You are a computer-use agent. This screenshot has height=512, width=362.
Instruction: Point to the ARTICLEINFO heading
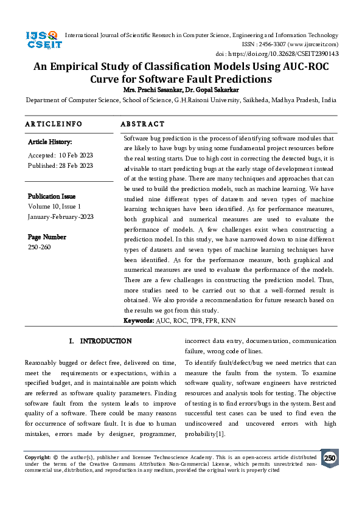54,124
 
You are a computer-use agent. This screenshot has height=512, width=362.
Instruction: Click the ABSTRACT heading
142,124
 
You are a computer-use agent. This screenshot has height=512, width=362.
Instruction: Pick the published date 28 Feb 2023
76,165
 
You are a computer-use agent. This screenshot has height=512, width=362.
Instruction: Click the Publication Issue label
52,196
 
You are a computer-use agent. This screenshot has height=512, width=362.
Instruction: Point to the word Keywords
139,320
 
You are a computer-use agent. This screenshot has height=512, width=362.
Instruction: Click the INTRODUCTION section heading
106,341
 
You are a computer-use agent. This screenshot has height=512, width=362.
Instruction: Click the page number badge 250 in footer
329,458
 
